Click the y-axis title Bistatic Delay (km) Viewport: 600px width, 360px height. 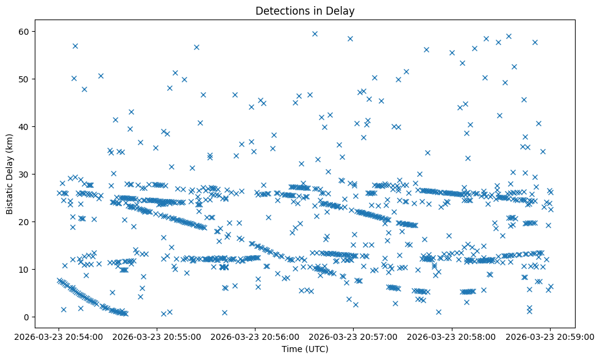tap(10, 166)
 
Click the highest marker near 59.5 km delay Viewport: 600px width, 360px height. tap(315, 34)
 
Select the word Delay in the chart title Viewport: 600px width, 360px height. tap(343, 11)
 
